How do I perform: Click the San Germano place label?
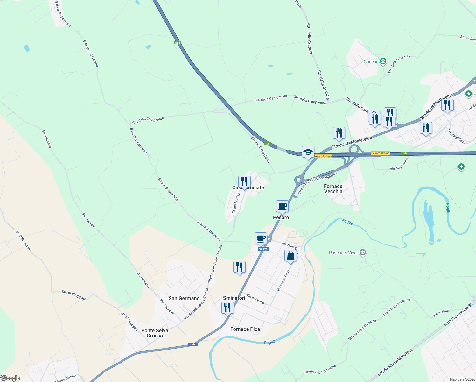click(184, 298)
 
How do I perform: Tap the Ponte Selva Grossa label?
click(155, 333)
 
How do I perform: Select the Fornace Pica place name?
click(245, 329)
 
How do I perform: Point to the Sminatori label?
click(234, 298)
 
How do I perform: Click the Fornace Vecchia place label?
click(333, 189)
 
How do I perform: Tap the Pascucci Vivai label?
click(343, 253)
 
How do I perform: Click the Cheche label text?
click(371, 62)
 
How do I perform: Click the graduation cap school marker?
click(308, 152)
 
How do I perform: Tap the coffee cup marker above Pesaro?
click(282, 206)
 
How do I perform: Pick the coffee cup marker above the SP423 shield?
click(261, 238)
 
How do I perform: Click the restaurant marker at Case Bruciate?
click(244, 182)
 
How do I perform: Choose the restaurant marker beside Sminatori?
click(227, 308)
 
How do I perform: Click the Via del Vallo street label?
click(255, 299)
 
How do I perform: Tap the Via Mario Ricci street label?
click(283, 280)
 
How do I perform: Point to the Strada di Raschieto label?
click(260, 150)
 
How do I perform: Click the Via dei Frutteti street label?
click(236, 203)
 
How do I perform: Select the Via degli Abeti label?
click(399, 164)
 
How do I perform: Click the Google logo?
click(10, 378)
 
